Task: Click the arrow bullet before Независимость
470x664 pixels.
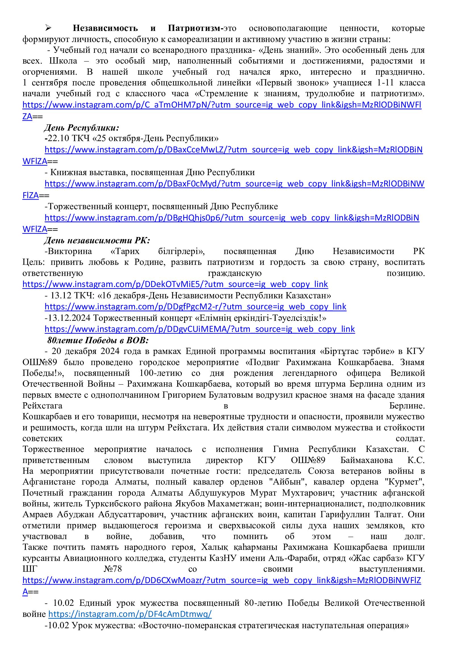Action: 48,28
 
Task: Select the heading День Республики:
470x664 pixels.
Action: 82,127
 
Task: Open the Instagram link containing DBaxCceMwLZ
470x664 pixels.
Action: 233,150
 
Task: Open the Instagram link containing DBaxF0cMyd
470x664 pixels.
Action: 234,184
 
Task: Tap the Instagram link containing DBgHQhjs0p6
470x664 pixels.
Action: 232,217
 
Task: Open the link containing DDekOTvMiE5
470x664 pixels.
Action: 175,284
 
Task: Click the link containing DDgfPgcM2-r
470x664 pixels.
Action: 195,307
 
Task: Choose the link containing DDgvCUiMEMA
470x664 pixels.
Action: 200,329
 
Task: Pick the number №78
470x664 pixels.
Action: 113,569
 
